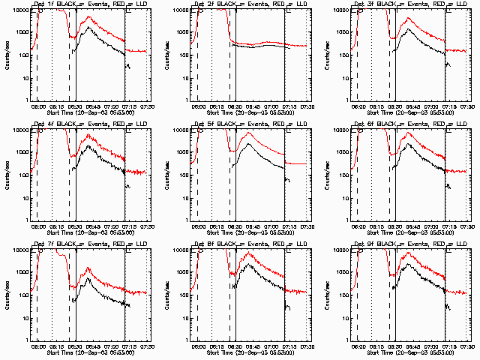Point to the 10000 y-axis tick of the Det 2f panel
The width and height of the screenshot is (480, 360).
click(x=178, y=10)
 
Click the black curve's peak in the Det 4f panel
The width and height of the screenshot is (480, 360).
click(x=88, y=145)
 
